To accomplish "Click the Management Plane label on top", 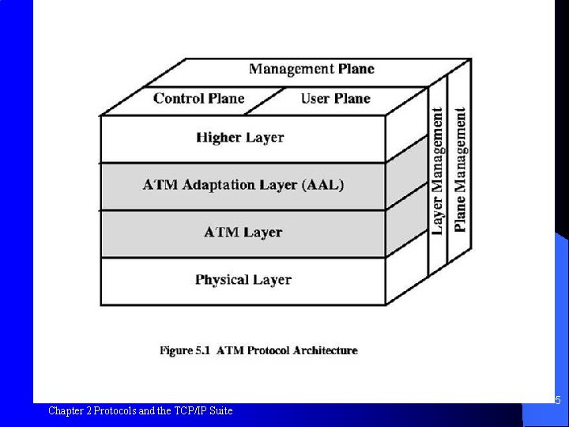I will click(311, 69).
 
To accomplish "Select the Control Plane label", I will click(199, 99).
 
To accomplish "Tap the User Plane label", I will click(335, 99).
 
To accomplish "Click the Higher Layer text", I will click(239, 138).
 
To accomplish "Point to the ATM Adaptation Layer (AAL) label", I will click(243, 185).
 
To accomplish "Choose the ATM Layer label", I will click(243, 232).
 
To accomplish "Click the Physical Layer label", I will click(243, 280).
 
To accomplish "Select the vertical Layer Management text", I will click(438, 172).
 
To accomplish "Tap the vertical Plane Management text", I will click(460, 170).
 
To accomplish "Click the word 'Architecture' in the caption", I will click(325, 350).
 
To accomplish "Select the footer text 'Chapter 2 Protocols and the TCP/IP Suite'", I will click(141, 410).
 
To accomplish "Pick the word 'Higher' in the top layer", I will click(218, 138).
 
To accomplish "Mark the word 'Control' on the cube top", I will click(178, 99).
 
